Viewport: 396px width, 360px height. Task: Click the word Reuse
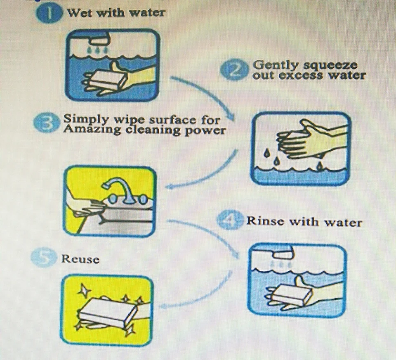coord(80,259)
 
